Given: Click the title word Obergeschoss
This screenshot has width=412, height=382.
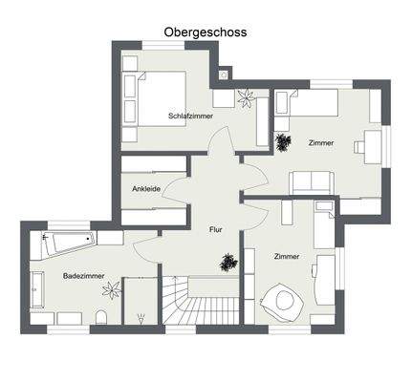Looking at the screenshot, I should tap(205, 32).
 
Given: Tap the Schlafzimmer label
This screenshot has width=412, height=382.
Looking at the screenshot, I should tap(190, 116).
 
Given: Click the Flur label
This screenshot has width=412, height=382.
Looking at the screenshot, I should tap(216, 229).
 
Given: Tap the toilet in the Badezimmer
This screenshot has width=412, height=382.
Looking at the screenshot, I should tap(101, 315).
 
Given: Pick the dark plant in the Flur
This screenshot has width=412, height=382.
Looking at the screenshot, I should tap(228, 260).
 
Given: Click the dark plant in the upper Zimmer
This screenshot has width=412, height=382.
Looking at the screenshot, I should tap(283, 142).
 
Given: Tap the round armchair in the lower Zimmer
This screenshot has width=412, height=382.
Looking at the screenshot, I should tap(284, 303).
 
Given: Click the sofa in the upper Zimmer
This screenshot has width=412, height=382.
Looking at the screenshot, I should tap(313, 180).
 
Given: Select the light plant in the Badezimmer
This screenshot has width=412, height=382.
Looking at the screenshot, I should tap(114, 287).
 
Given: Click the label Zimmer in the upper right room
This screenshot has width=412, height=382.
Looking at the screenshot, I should tap(321, 143).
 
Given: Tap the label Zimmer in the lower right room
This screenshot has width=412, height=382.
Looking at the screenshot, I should tap(287, 256).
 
